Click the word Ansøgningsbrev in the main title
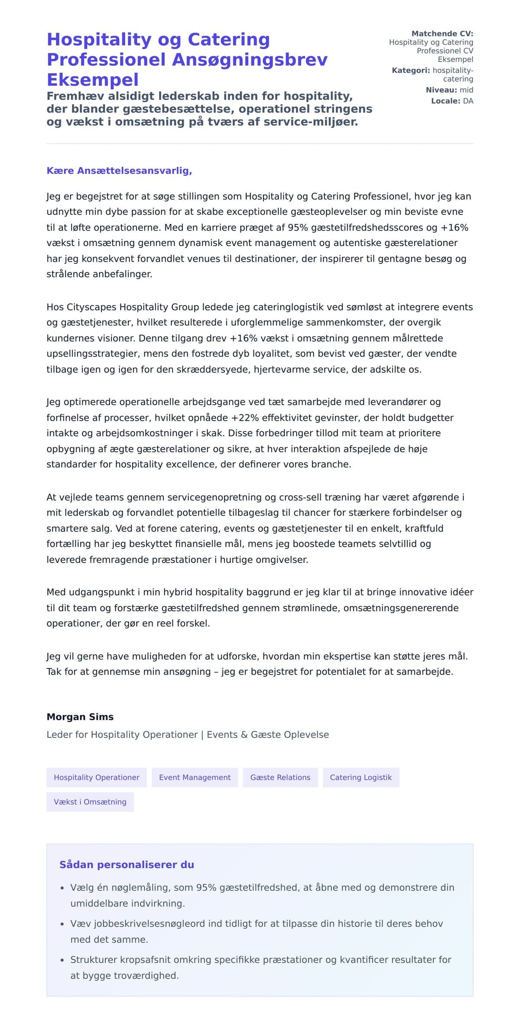click(x=250, y=60)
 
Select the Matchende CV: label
click(x=442, y=33)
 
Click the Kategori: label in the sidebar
click(x=410, y=70)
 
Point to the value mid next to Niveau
click(x=466, y=90)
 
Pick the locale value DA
click(x=468, y=101)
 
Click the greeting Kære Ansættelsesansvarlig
click(x=119, y=171)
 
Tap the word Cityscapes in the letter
click(x=91, y=307)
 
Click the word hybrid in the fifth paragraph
click(x=179, y=592)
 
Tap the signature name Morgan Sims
click(x=80, y=717)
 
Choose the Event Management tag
click(x=195, y=777)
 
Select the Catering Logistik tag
click(x=361, y=777)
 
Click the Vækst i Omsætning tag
click(x=90, y=802)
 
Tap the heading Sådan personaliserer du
click(x=127, y=865)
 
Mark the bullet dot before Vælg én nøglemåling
click(x=62, y=888)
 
